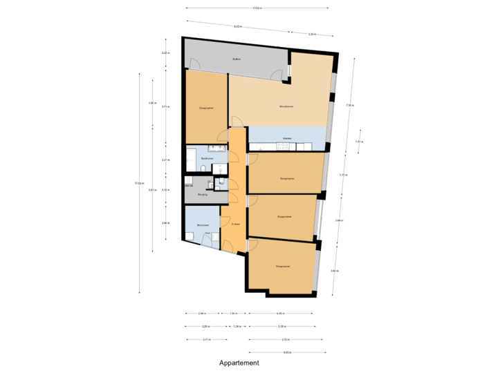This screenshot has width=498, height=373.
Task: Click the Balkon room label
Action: tap(236, 61)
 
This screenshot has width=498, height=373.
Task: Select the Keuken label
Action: tap(287, 138)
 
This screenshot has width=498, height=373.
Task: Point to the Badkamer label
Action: tap(206, 158)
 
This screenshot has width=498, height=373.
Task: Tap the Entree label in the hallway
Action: tap(235, 224)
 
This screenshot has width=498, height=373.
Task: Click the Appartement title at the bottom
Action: tap(239, 363)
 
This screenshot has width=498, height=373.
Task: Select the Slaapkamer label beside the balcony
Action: tap(205, 108)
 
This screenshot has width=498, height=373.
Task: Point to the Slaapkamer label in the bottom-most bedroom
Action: tap(282, 265)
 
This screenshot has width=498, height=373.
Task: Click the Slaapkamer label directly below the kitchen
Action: tap(287, 178)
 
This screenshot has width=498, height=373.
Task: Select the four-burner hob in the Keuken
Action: tap(306, 145)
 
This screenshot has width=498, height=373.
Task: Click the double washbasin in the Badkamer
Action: tap(216, 147)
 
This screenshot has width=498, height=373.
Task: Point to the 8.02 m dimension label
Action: tap(238, 26)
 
